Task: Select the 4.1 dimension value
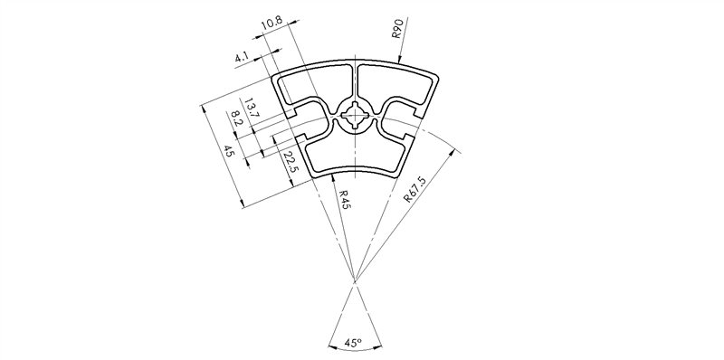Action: click(x=243, y=58)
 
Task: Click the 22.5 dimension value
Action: click(x=289, y=164)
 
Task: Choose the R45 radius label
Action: click(x=344, y=200)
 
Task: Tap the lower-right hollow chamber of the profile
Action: click(x=386, y=154)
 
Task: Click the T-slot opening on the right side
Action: click(x=415, y=123)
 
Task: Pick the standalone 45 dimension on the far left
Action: click(x=229, y=153)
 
